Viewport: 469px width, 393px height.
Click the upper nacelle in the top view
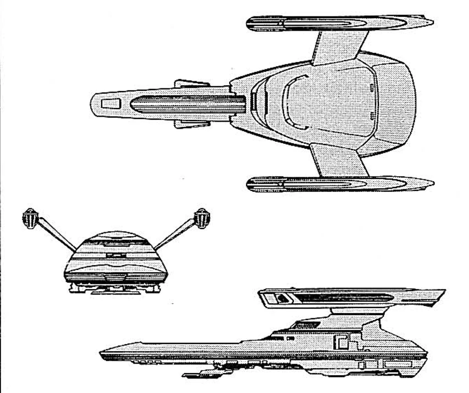tap(339, 23)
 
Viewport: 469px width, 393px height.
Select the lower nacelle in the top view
tap(339, 184)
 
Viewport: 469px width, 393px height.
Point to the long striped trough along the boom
tap(188, 105)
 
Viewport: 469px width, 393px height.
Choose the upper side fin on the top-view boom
tap(191, 84)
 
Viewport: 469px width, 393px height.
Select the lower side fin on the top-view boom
tap(191, 123)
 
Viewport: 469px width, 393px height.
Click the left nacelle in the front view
tap(31, 217)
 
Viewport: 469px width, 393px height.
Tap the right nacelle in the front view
tap(202, 217)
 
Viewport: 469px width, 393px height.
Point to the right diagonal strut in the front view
tap(176, 234)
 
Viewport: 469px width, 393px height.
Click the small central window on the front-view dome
tap(115, 255)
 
